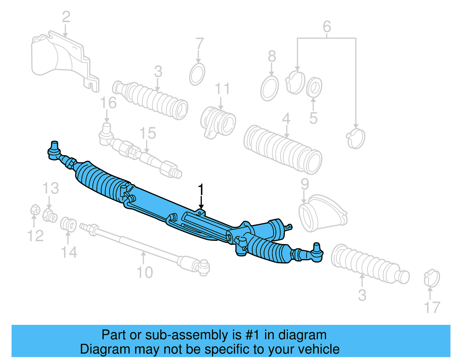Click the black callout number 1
(x=201, y=190)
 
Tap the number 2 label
(x=66, y=17)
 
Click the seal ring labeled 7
(x=198, y=74)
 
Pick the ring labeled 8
(x=269, y=88)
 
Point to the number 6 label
(x=327, y=27)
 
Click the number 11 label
(x=222, y=89)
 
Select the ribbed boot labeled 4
(x=283, y=150)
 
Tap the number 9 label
(x=305, y=184)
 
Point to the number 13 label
(x=51, y=189)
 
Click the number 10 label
(x=145, y=272)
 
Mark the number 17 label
(x=432, y=308)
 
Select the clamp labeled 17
(x=432, y=278)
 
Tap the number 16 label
(x=108, y=103)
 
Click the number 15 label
(x=148, y=133)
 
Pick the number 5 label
(x=313, y=118)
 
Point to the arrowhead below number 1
(x=201, y=207)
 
